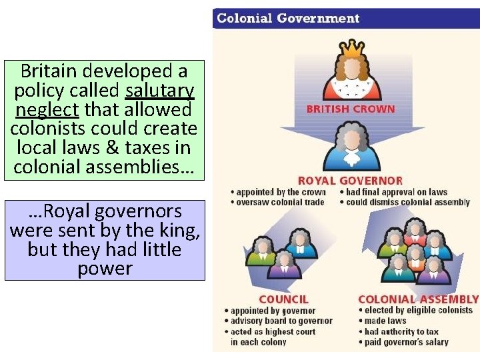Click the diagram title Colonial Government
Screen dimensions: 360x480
point(287,18)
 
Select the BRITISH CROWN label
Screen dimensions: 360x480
point(351,109)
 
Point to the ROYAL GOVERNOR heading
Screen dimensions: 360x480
point(350,181)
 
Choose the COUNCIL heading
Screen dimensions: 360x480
point(283,299)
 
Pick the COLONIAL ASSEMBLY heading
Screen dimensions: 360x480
point(418,299)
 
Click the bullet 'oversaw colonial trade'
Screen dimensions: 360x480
point(280,202)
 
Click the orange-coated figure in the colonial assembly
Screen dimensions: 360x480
point(416,257)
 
